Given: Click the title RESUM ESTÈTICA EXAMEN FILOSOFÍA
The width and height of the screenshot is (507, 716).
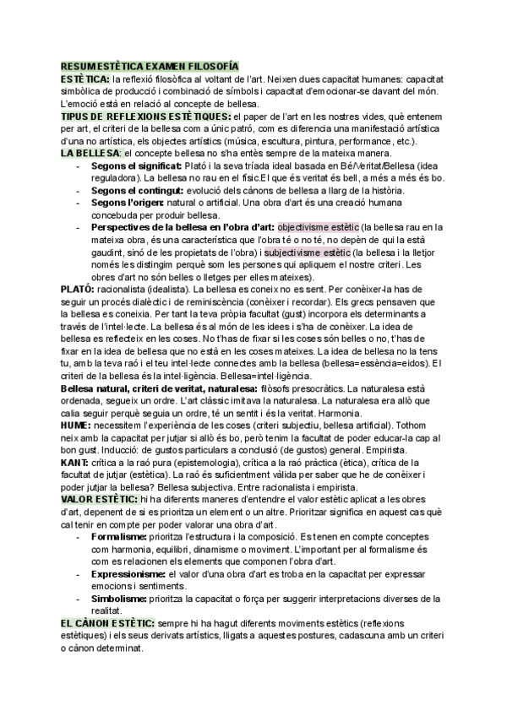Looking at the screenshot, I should click(x=150, y=65).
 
